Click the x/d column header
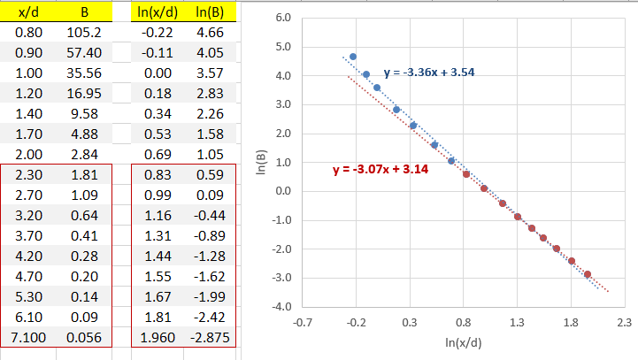[x=27, y=13]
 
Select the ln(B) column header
[x=209, y=13]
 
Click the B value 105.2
[x=84, y=34]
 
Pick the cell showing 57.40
[x=84, y=54]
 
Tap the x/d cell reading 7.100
[x=26, y=337]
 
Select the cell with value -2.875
[x=210, y=337]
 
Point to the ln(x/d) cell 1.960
[x=157, y=337]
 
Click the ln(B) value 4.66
[x=209, y=34]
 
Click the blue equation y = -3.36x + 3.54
[x=430, y=72]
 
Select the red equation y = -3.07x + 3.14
[x=380, y=169]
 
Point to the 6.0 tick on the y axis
[x=283, y=18]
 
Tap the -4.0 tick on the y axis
[x=281, y=307]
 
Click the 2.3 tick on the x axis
[x=624, y=323]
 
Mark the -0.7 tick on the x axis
[x=303, y=323]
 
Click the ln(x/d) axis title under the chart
[x=463, y=341]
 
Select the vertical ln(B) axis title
[x=263, y=162]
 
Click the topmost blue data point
[x=353, y=57]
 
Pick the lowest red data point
[x=587, y=274]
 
